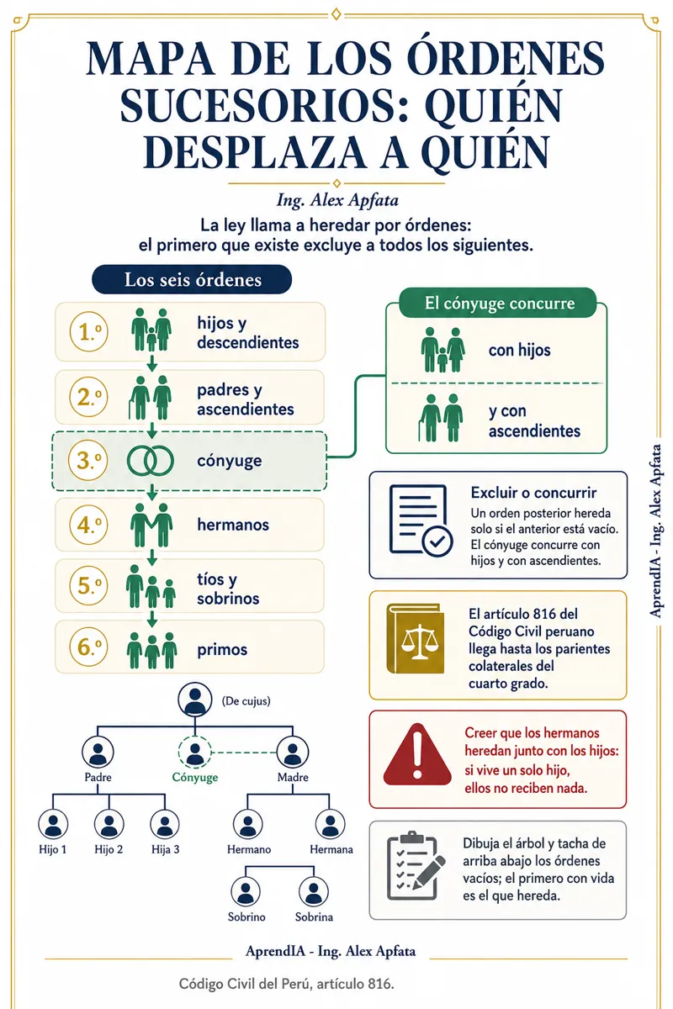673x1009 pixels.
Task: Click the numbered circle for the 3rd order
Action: coord(87,460)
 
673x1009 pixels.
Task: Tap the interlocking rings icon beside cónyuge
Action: coord(150,461)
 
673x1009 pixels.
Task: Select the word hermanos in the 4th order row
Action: coord(233,525)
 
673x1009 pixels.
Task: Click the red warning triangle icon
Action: coord(417,754)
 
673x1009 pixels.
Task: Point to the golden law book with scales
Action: coord(416,639)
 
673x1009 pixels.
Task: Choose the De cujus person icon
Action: coord(194,699)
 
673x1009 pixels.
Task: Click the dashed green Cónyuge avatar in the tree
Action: coord(194,752)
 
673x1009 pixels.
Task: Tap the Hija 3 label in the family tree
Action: coord(165,849)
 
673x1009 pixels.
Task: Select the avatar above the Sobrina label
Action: coord(313,891)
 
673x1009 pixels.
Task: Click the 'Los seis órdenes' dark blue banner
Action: coord(192,280)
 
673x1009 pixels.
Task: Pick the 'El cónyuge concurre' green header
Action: coord(498,304)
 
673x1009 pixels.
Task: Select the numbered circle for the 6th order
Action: coord(88,647)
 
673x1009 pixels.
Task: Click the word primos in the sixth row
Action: coord(222,649)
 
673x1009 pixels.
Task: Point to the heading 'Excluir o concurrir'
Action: coord(533,493)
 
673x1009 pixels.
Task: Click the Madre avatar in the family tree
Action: coord(293,752)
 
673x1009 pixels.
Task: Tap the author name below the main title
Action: coord(337,200)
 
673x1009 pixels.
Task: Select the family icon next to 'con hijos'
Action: coord(442,350)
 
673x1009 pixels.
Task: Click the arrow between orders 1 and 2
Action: coord(152,363)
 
